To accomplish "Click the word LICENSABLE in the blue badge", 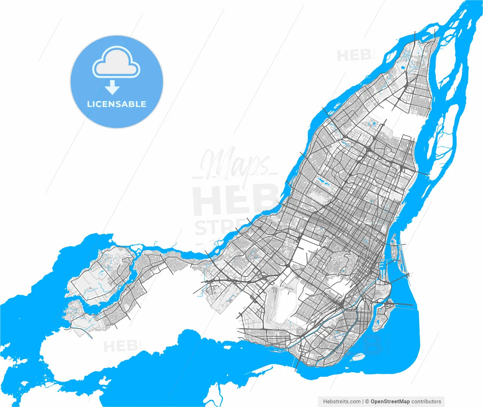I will click(116, 104).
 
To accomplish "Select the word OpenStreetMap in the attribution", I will click(390, 401).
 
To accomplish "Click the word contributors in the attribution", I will click(426, 401).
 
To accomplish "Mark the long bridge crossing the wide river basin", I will click(404, 304).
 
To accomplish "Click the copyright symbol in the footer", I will click(367, 401).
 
